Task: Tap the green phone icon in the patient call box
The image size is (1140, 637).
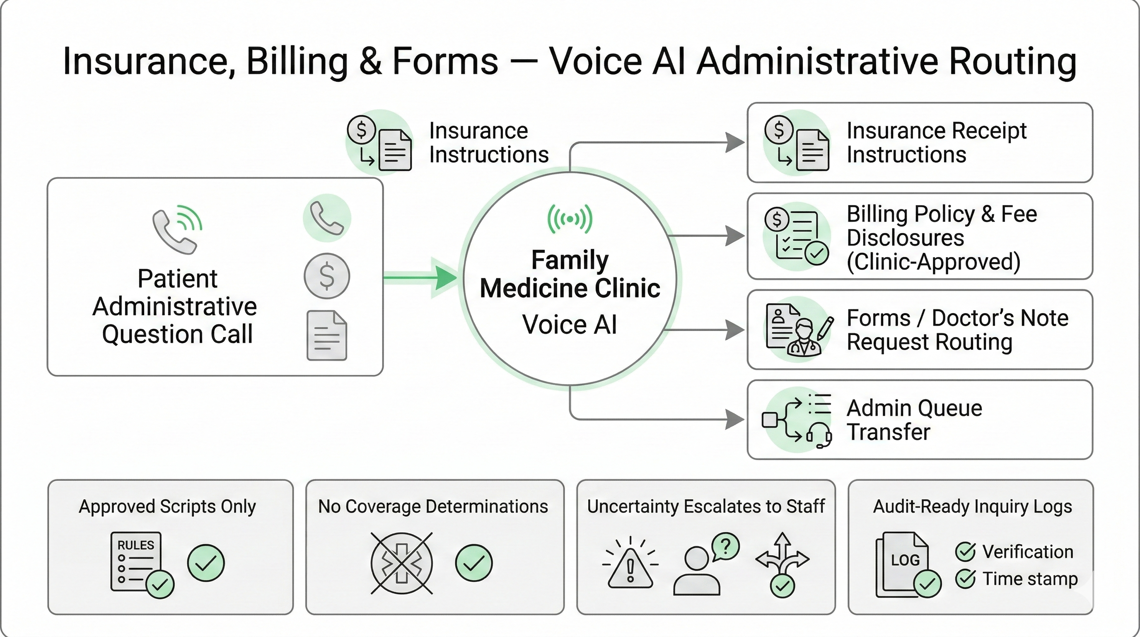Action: pyautogui.click(x=326, y=218)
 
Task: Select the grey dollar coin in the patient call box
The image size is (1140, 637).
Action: pyautogui.click(x=326, y=276)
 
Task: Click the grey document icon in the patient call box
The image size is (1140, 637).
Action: pyautogui.click(x=326, y=336)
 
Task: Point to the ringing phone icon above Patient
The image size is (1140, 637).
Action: pyautogui.click(x=177, y=229)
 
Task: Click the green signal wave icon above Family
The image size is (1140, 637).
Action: pyautogui.click(x=570, y=219)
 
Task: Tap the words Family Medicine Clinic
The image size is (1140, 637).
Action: pyautogui.click(x=570, y=274)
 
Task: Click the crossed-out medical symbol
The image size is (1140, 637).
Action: pyautogui.click(x=401, y=563)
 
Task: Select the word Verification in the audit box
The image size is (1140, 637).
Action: pyautogui.click(x=1028, y=552)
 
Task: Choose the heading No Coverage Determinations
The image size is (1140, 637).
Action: pyautogui.click(x=433, y=506)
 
